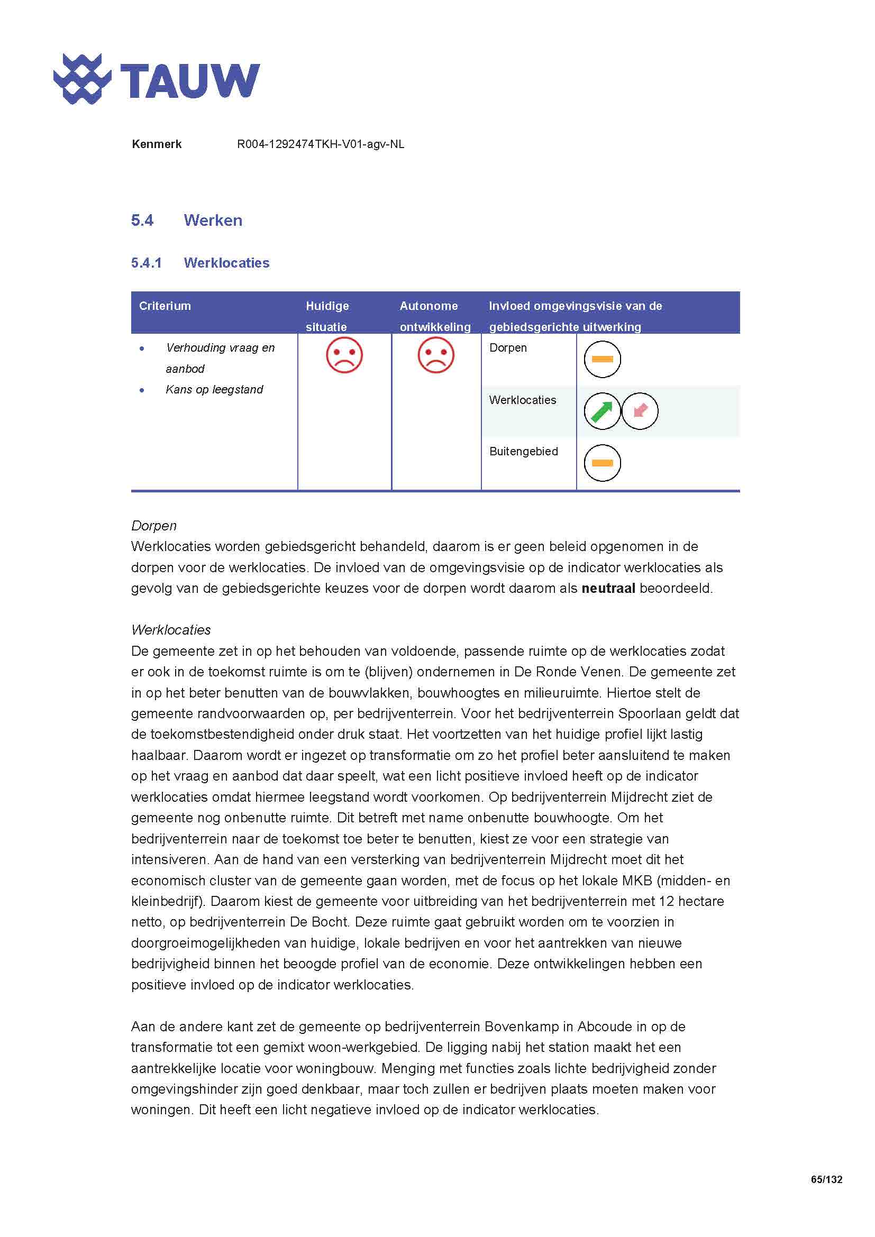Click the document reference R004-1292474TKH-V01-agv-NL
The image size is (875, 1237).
[321, 144]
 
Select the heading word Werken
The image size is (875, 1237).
[213, 221]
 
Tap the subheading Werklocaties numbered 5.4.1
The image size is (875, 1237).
[226, 263]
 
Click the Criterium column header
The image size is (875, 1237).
[165, 306]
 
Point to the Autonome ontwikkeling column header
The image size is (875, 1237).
[435, 316]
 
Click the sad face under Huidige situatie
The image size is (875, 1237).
[344, 355]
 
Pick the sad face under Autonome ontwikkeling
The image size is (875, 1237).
[436, 355]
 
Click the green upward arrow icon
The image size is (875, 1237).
[602, 411]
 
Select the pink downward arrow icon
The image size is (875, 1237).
[640, 411]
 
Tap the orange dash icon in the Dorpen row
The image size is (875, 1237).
[603, 359]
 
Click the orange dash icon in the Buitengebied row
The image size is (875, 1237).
[603, 463]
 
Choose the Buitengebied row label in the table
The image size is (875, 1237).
[523, 452]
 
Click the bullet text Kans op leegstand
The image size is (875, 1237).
[214, 390]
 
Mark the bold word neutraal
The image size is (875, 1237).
[608, 588]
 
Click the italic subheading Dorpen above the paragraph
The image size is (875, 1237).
[153, 526]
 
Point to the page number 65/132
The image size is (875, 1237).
[826, 1179]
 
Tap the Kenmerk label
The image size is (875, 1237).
[156, 144]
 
